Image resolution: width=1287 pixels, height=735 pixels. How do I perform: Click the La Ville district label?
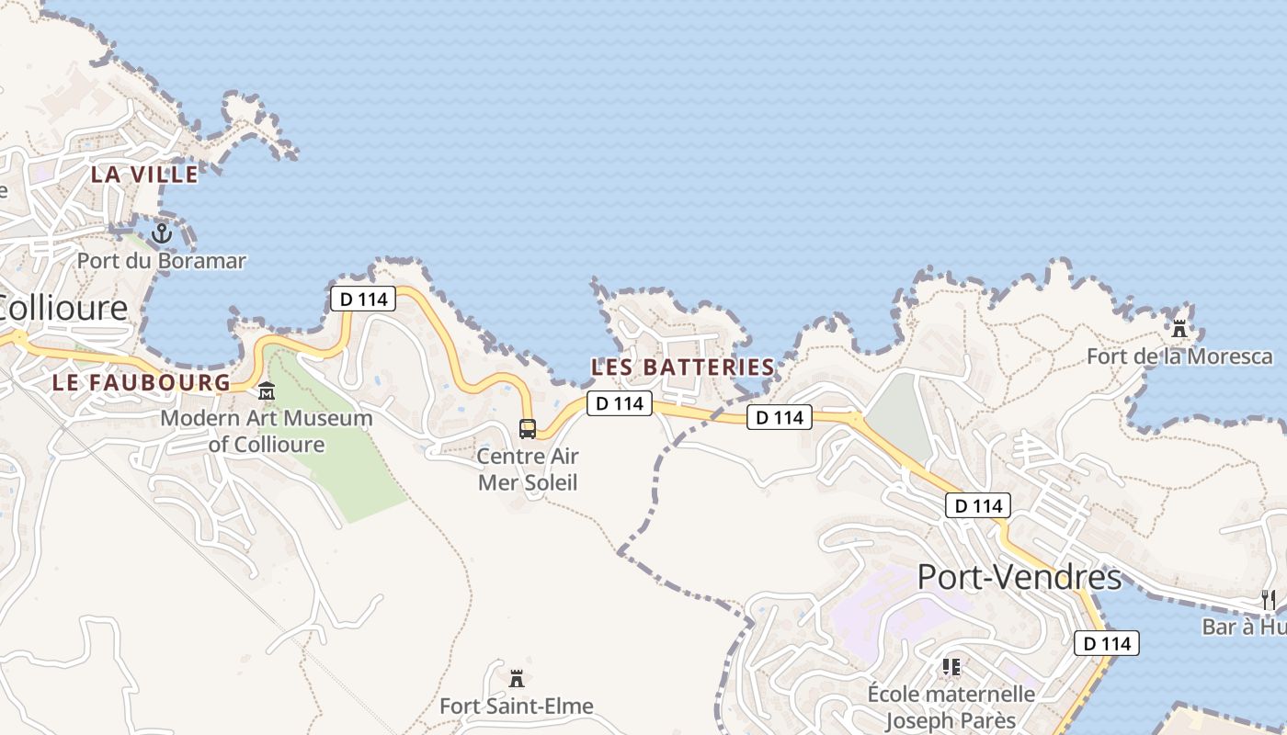tap(144, 174)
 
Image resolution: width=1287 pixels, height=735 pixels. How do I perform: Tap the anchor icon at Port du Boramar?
tap(162, 232)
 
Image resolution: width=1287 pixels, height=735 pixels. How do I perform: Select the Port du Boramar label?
tap(162, 261)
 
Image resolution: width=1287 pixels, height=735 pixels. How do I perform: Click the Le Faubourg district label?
tap(142, 382)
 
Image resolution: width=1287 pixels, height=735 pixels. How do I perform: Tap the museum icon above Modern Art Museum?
tap(267, 391)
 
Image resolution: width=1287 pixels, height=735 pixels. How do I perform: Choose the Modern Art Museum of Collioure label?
tap(267, 432)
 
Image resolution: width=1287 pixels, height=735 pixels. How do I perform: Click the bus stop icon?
tap(528, 428)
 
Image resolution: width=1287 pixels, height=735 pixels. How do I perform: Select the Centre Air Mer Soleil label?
tap(528, 469)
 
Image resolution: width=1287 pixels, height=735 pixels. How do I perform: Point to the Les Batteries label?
tap(683, 367)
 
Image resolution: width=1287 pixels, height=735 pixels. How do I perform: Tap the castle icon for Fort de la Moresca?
tap(1179, 327)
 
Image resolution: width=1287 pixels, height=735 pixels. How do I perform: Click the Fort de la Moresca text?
tap(1179, 356)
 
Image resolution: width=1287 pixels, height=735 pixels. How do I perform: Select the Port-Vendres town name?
tap(1019, 577)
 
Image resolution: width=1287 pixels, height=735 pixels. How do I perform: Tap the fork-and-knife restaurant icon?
tap(1269, 600)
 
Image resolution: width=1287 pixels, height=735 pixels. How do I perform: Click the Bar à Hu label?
tap(1246, 627)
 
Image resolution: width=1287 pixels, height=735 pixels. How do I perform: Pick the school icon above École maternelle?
tap(951, 666)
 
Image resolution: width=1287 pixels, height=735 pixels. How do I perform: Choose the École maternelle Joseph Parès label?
tap(951, 707)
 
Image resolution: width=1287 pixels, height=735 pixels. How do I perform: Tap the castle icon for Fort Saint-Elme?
tap(517, 678)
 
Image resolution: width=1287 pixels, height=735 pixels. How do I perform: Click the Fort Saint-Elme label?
tap(517, 707)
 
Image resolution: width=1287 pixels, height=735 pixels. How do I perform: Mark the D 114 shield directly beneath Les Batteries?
tap(620, 403)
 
